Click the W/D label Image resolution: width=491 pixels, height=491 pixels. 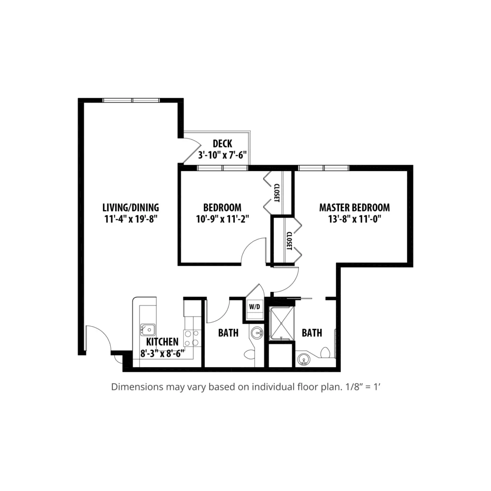255,307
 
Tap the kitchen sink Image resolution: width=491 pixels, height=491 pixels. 148,330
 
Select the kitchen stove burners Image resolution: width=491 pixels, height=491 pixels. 192,338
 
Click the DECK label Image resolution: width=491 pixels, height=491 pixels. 222,144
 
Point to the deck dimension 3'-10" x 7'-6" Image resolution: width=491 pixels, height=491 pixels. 222,155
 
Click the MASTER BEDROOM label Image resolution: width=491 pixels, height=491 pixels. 354,208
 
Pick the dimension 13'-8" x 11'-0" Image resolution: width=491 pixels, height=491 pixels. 354,219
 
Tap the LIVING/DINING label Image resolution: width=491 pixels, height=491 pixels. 130,208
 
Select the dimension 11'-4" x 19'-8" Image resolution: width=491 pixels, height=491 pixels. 130,219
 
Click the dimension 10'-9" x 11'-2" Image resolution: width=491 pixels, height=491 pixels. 222,219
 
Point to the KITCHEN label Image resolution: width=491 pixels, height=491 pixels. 162,341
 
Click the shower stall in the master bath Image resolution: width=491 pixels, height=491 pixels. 282,323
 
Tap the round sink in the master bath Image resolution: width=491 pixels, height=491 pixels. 303,360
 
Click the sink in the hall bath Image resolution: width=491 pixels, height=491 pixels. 257,332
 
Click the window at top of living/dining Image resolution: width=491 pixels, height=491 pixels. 131,101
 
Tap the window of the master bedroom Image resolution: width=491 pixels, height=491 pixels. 324,168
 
